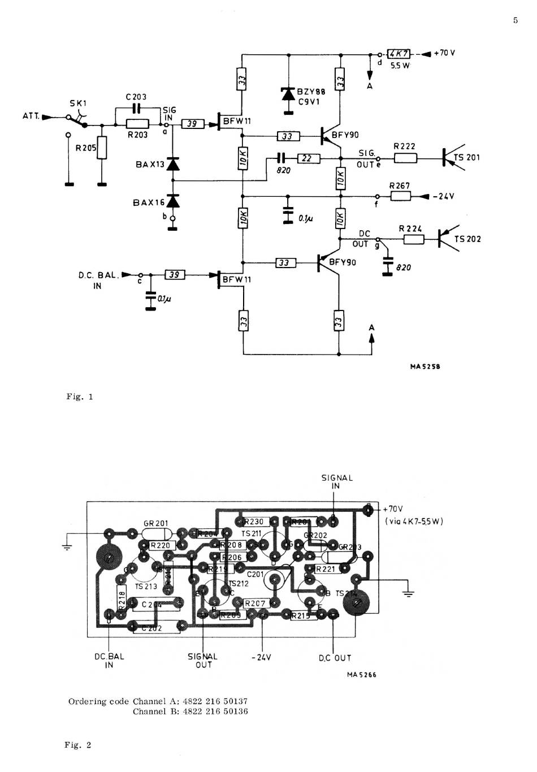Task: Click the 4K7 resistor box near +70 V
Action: (x=399, y=54)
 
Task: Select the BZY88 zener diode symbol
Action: (x=288, y=94)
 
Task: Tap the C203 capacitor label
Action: (x=136, y=97)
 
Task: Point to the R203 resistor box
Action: (x=137, y=124)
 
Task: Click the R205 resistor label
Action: (x=86, y=148)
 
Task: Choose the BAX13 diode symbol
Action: (x=173, y=164)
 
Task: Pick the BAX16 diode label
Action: (x=149, y=202)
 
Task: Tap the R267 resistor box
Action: (x=400, y=196)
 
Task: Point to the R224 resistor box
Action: (x=413, y=239)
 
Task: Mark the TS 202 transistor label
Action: (x=467, y=239)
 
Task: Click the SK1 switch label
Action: (x=78, y=103)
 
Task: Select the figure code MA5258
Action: (x=425, y=366)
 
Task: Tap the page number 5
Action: (x=515, y=20)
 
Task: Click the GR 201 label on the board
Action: (x=156, y=524)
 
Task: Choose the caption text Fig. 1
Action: (x=79, y=396)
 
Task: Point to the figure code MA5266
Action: (x=362, y=675)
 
